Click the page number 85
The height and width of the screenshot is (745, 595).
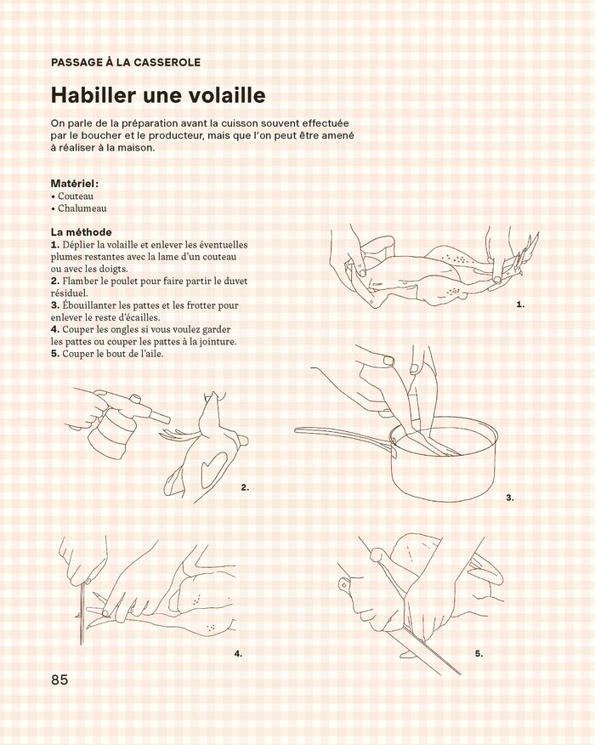pos(59,680)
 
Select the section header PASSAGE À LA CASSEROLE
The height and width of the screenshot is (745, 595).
pos(126,62)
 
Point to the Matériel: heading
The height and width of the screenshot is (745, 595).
pos(75,183)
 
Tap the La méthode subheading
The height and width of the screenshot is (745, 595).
pos(82,231)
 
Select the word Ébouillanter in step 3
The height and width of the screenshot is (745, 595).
pos(89,304)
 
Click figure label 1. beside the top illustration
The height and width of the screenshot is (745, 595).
pos(520,304)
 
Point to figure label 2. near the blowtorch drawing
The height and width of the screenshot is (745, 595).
pos(245,487)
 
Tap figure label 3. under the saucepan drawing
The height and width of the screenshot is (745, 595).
pos(510,498)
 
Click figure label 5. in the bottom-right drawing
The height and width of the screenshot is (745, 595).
pos(479,653)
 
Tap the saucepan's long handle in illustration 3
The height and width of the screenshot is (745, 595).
pos(340,435)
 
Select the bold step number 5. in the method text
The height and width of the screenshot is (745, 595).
pos(55,354)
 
